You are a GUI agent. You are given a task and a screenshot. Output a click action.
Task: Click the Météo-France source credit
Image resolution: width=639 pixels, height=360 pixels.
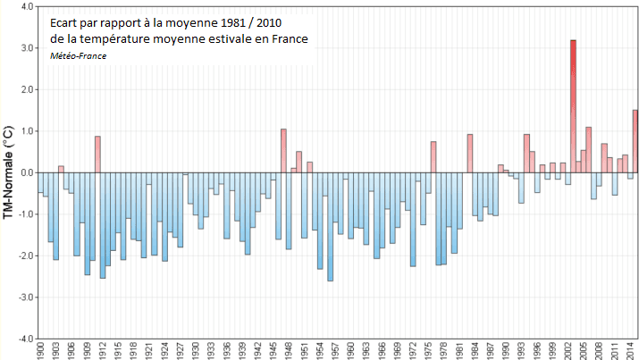coord(78,55)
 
